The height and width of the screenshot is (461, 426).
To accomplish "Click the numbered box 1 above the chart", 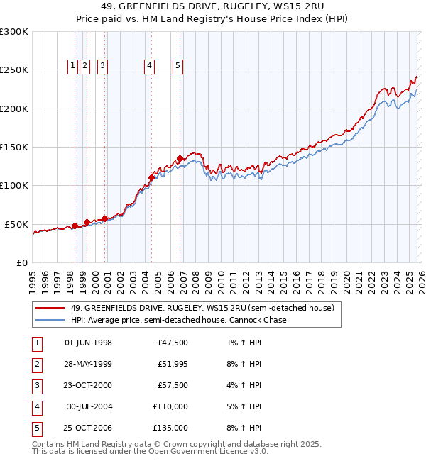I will (x=73, y=66).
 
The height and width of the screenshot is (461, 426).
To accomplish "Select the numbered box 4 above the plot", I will (x=150, y=66).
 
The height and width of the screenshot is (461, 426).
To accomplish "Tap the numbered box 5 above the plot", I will (x=177, y=66).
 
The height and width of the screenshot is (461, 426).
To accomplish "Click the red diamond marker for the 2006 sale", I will (x=180, y=158).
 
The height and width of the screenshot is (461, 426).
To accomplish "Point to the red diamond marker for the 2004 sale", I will (x=152, y=177).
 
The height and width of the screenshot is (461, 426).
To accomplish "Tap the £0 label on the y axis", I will (x=21, y=262).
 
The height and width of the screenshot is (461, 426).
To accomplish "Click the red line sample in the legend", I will (x=50, y=308).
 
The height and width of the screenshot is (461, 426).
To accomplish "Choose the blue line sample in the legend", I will (x=50, y=320).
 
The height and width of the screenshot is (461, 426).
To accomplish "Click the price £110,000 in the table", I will (x=171, y=407).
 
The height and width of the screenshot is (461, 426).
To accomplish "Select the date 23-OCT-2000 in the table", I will (x=88, y=386).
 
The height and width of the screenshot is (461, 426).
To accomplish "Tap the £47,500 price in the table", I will (x=173, y=343).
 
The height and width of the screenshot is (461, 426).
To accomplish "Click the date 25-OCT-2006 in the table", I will (x=88, y=428).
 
